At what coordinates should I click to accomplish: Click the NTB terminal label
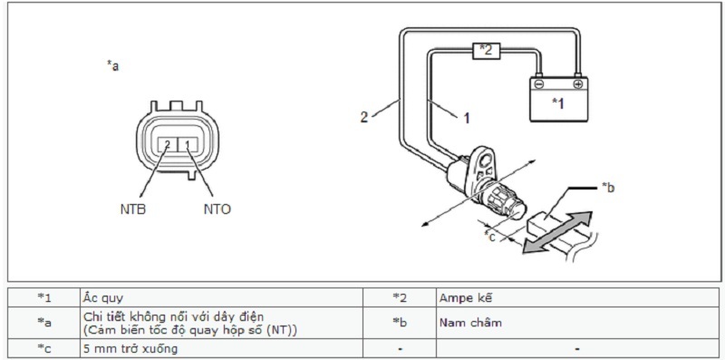click(132, 209)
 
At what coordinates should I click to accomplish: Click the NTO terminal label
click(217, 209)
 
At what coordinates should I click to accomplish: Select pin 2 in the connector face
click(167, 145)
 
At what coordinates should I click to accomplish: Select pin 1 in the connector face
click(188, 145)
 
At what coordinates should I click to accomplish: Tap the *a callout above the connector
click(112, 66)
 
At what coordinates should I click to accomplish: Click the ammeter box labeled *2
click(486, 51)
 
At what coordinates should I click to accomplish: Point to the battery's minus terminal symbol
click(538, 84)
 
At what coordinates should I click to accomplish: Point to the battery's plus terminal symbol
click(578, 84)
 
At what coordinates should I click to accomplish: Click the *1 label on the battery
click(558, 103)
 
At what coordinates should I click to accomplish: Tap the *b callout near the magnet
click(608, 188)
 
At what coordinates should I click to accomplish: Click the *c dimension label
click(489, 236)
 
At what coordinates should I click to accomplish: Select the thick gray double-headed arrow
click(557, 233)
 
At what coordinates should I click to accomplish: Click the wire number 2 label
click(364, 117)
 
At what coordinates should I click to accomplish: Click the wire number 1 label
click(467, 119)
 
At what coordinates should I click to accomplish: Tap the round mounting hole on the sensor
click(485, 161)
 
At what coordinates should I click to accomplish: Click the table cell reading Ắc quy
click(221, 297)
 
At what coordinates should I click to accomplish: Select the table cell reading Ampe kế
click(577, 297)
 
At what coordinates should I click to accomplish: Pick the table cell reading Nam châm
click(577, 323)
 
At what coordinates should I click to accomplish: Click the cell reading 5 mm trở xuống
click(221, 348)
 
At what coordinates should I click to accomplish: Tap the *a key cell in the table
click(44, 323)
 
